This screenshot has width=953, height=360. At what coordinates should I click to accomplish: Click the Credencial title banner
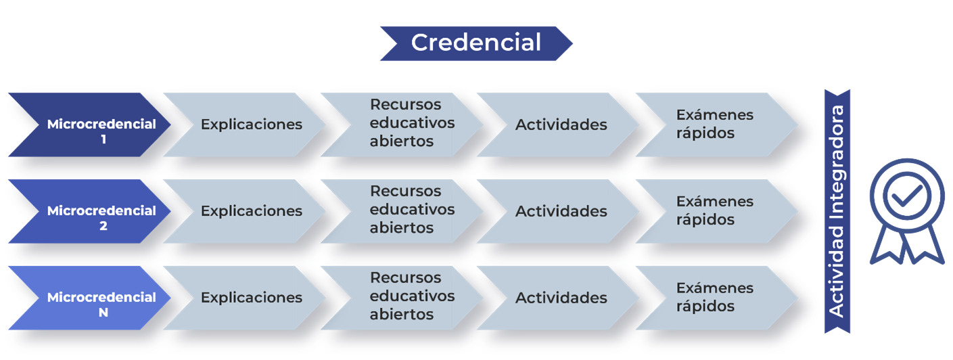tap(476, 43)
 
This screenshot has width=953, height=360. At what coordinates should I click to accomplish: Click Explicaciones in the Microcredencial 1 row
tap(252, 125)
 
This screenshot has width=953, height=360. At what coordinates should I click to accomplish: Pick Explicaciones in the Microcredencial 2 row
tap(252, 210)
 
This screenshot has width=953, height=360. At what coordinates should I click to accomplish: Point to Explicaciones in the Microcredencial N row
tap(252, 297)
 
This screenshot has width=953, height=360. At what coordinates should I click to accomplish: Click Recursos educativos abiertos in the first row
tap(412, 122)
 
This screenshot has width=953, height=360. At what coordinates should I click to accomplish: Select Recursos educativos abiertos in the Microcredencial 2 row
tap(412, 209)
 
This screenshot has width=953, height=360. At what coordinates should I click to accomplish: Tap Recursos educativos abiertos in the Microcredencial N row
tap(412, 296)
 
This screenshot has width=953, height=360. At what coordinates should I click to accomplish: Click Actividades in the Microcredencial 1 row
tap(561, 125)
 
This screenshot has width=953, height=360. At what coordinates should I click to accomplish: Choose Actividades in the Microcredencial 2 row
tap(561, 211)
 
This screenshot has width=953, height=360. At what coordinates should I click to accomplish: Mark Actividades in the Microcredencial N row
tap(561, 298)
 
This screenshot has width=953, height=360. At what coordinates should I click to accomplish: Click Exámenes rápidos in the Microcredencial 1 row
tap(715, 123)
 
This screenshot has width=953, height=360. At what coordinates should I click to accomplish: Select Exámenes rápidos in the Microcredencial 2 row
tap(715, 210)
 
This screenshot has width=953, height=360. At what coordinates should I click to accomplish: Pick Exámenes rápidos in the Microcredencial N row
tap(715, 296)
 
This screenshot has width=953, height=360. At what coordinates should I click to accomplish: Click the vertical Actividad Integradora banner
tap(837, 211)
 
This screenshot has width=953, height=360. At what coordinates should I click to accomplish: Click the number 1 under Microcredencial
tap(103, 139)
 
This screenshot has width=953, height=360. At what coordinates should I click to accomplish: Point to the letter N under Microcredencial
tap(103, 313)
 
